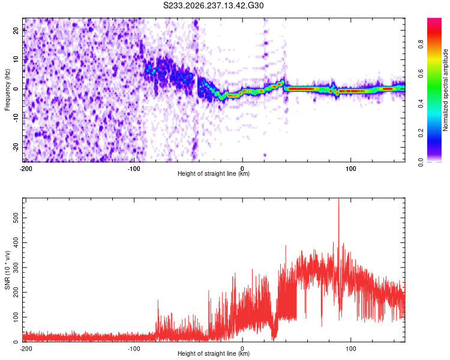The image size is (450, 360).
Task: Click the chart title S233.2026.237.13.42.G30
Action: tap(213, 5)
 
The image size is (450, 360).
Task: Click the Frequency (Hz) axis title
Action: tap(7, 90)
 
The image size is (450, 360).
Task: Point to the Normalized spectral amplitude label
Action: tap(445, 90)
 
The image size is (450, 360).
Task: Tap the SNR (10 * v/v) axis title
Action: tap(7, 270)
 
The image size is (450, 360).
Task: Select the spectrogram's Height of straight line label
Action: tap(214, 173)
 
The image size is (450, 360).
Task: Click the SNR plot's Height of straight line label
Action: tap(214, 353)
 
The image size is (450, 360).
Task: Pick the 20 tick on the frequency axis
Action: tap(16, 30)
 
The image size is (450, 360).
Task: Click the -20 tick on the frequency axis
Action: tap(16, 147)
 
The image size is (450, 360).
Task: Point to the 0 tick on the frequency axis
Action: tap(16, 89)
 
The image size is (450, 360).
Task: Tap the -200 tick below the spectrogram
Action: tap(26, 169)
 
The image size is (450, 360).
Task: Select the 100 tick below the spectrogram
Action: tap(351, 169)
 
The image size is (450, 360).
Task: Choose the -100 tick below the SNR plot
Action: tap(134, 349)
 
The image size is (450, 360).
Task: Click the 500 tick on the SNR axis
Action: tap(16, 218)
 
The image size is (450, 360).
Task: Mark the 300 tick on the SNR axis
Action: tap(16, 268)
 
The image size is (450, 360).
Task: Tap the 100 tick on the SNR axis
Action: tap(16, 317)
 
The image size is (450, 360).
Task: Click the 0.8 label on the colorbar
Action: tap(421, 44)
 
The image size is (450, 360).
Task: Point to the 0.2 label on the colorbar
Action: tap(421, 133)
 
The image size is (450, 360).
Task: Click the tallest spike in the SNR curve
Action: tap(338, 199)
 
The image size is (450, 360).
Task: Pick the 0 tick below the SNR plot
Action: tap(242, 349)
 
